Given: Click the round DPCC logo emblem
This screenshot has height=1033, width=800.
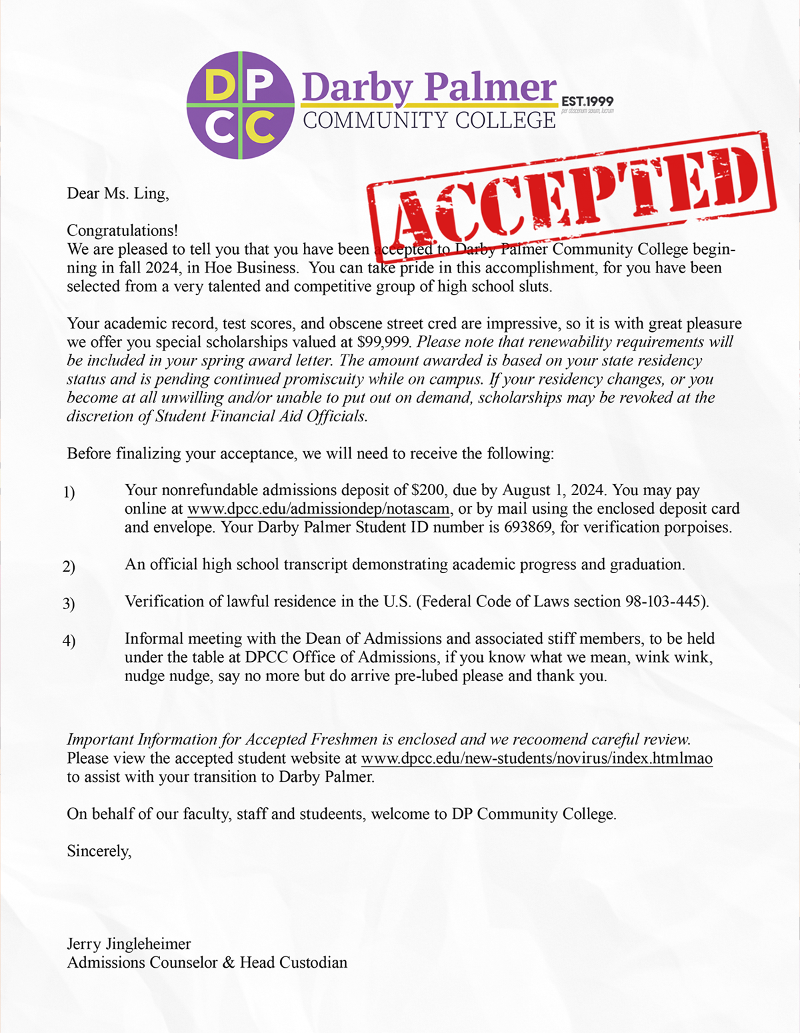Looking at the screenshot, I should tap(240, 105).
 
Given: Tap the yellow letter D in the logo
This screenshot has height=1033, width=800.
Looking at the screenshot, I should tap(216, 85).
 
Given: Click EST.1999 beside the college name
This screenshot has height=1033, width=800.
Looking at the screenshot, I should tap(587, 101).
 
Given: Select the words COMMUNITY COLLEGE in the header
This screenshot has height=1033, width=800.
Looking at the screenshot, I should tap(429, 121).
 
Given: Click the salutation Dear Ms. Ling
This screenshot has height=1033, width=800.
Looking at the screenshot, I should tap(117, 193).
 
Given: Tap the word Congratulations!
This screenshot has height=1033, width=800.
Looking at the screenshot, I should tap(122, 231).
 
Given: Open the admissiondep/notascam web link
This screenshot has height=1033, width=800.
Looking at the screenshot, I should tap(319, 509).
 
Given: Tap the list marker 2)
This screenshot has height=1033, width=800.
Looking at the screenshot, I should tap(69, 566).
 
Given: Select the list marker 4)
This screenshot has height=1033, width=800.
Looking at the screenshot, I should tap(69, 641).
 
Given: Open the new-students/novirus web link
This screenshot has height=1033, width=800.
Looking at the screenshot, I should tap(537, 758).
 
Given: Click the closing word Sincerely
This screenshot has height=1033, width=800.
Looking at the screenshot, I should tap(99, 851).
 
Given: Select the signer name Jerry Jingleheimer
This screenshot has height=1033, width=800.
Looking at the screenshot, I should tap(129, 944).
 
